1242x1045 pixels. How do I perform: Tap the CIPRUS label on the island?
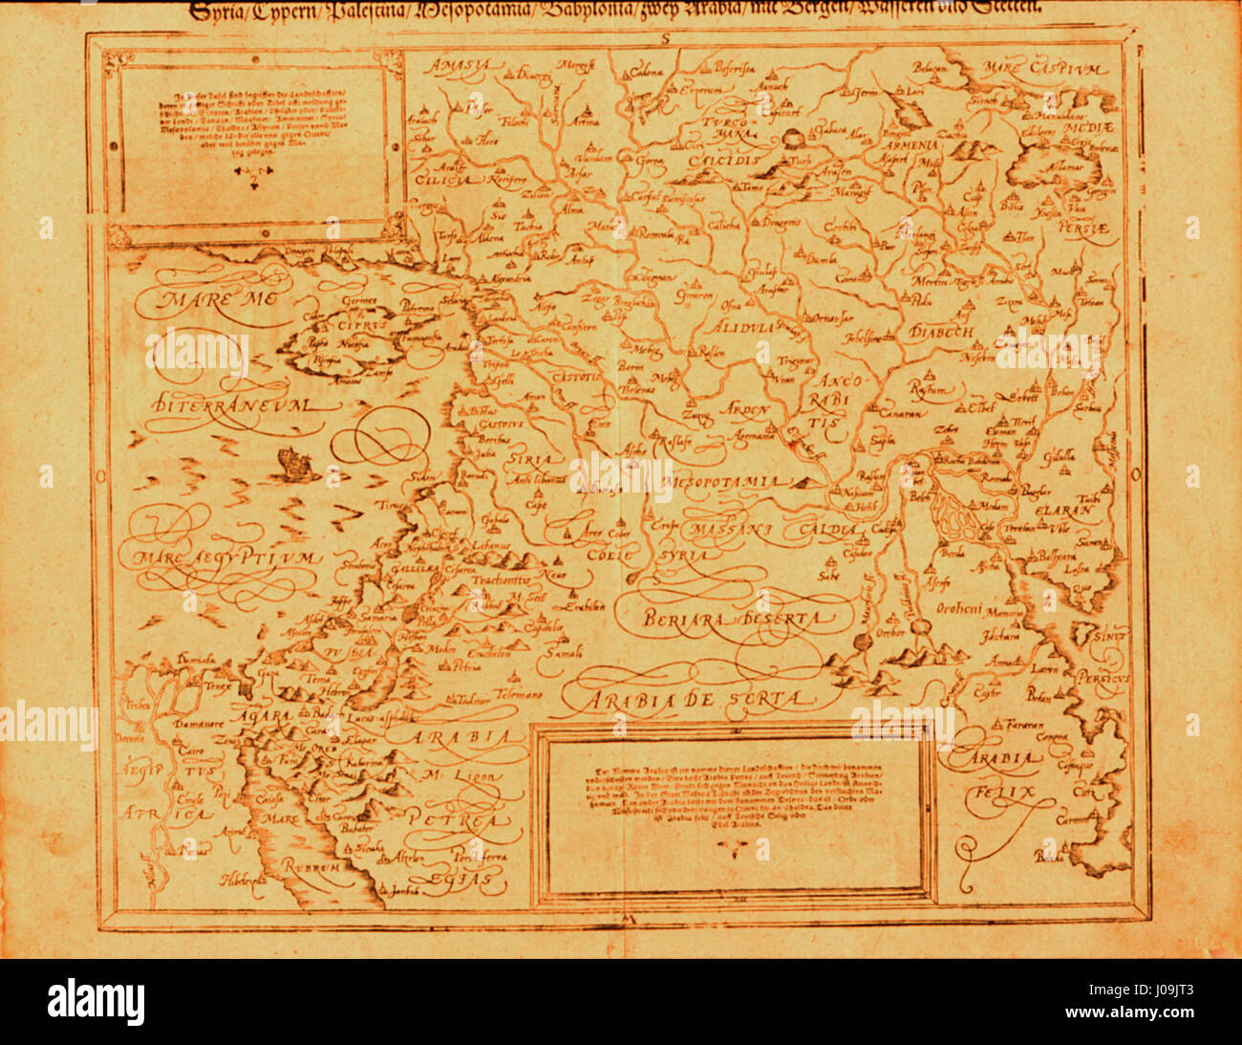341,325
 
